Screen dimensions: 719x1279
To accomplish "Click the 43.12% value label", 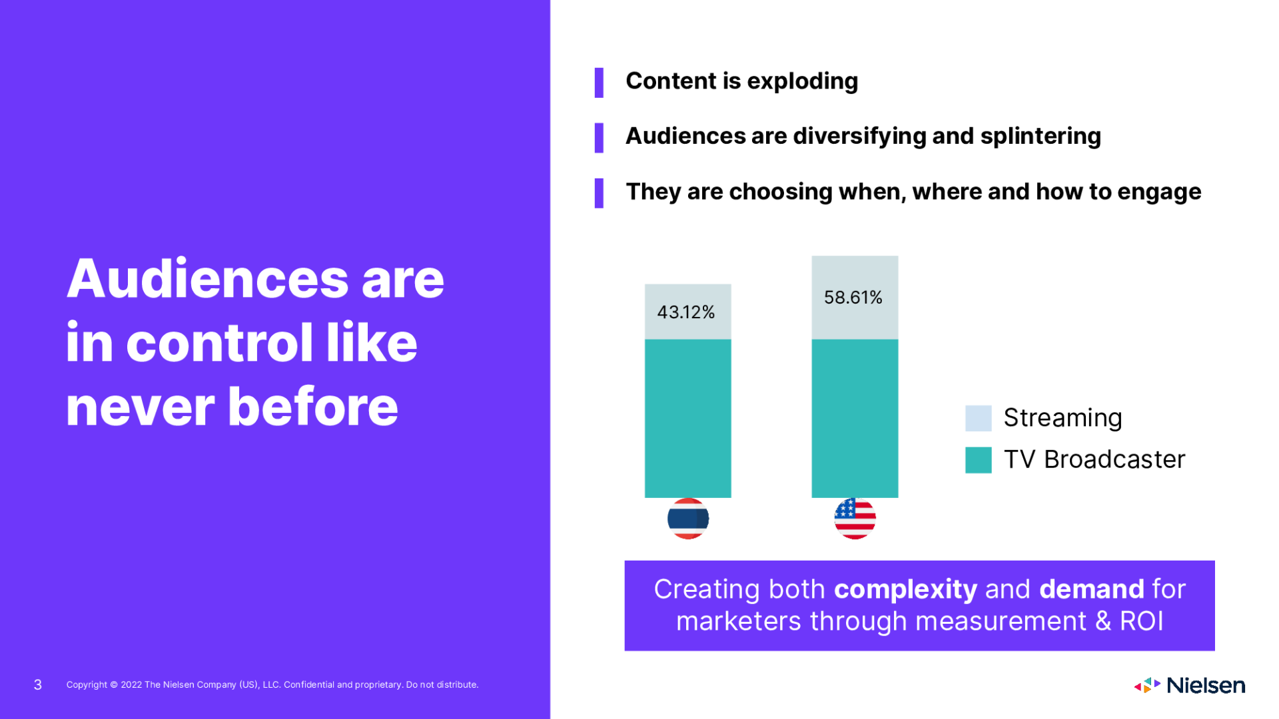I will [x=685, y=312].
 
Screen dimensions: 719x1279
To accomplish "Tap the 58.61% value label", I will [x=853, y=298].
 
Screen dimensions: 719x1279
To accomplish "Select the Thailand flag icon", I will [x=687, y=519].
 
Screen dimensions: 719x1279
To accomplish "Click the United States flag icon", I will [x=855, y=519].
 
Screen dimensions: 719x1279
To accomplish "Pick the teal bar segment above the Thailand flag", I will [x=687, y=418].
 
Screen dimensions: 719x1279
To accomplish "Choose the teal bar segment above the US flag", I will [x=855, y=418].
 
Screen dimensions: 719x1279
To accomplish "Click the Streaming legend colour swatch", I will [x=978, y=418].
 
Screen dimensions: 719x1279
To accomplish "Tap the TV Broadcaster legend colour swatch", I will [x=978, y=460].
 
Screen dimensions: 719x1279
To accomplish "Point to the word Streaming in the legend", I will [x=1063, y=418].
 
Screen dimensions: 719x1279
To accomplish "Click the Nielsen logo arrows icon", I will [x=1147, y=685].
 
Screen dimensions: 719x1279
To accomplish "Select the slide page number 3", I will [x=38, y=685].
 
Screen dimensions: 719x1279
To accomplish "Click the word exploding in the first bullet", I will [x=802, y=81].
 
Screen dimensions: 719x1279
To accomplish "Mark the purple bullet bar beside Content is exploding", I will [x=599, y=83].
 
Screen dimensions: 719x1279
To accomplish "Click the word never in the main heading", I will [x=140, y=407].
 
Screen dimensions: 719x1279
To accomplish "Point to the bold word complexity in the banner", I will [x=905, y=589].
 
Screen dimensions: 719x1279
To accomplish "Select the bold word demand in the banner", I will [x=1091, y=589].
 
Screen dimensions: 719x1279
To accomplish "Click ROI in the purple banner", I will [x=1141, y=621].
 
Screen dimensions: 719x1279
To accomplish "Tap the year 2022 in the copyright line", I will [x=131, y=685].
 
